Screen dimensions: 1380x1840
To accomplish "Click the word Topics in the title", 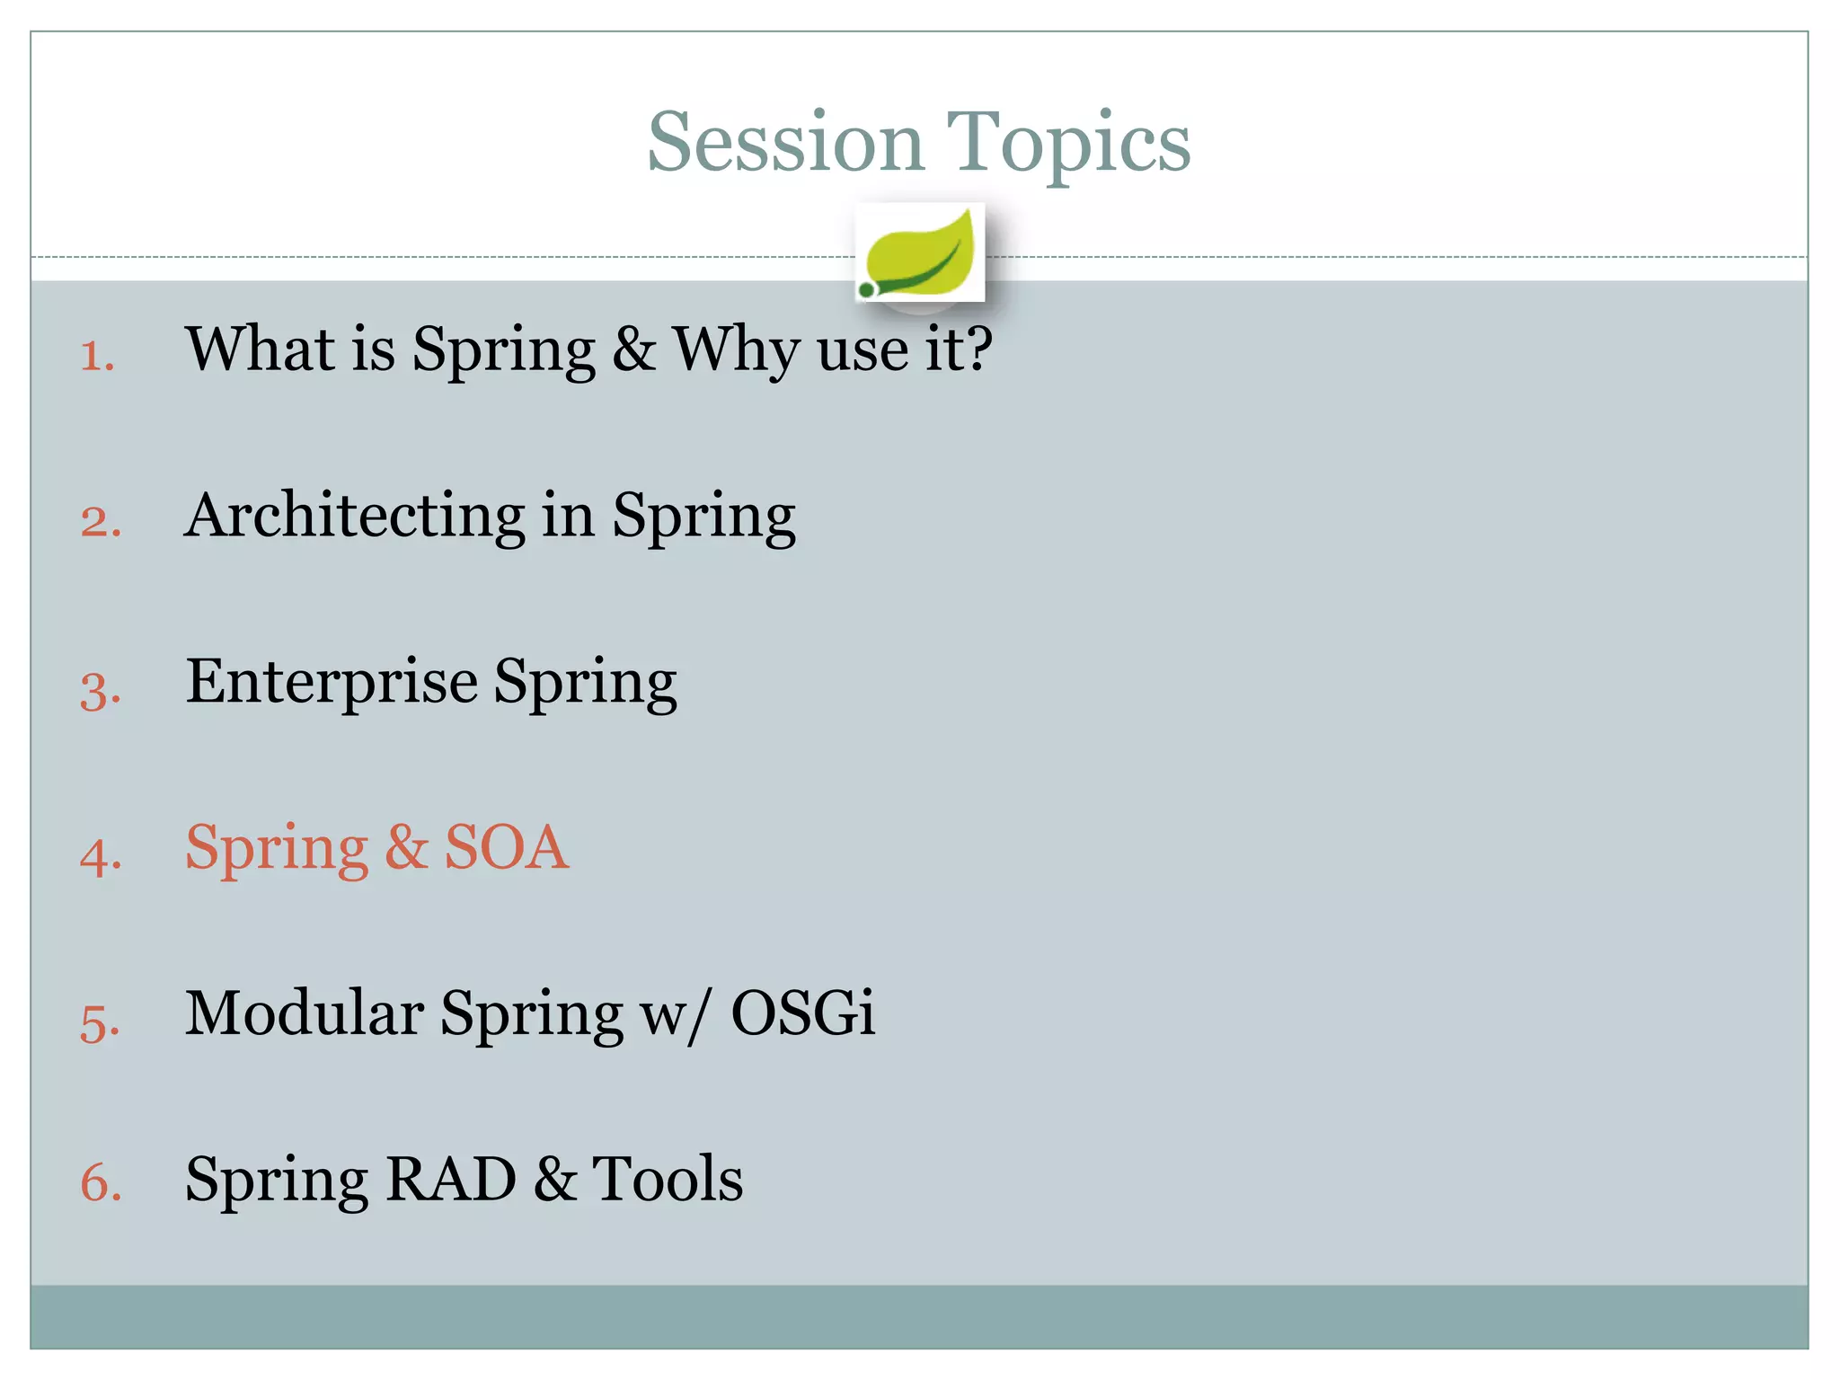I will click(1068, 144).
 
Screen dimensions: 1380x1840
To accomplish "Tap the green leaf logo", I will click(919, 254).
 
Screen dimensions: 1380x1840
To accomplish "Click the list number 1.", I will click(96, 356).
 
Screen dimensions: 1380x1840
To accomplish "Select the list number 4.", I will click(99, 855).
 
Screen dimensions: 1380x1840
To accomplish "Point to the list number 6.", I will click(100, 1182).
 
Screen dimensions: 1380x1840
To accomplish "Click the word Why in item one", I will click(736, 349).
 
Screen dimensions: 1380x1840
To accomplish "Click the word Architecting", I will click(355, 517).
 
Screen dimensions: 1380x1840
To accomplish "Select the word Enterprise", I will click(332, 681).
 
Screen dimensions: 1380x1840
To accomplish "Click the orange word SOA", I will click(507, 847).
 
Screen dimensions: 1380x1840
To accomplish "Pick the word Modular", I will click(304, 1013).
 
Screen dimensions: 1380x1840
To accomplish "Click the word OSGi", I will click(802, 1013).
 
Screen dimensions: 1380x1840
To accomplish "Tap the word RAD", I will click(450, 1180).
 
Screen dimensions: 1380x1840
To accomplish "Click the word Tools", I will click(667, 1180).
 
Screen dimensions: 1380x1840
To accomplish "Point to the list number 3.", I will click(99, 690).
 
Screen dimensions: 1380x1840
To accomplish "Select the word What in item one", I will click(260, 349).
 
